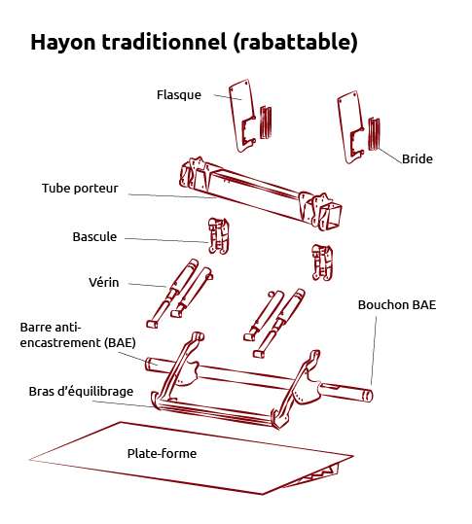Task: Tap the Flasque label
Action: (x=178, y=95)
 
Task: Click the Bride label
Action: (x=417, y=158)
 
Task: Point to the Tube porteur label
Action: (x=80, y=189)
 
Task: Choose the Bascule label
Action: (x=94, y=237)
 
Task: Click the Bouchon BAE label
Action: (x=397, y=304)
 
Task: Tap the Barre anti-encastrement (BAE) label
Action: (x=78, y=334)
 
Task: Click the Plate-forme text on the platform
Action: (x=162, y=453)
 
